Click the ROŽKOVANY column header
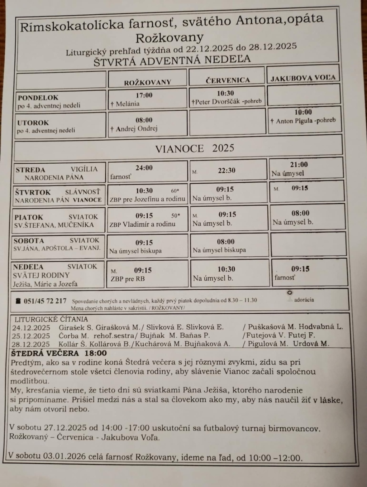coord(148,82)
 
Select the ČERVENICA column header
coord(228,80)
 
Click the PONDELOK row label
coord(38,97)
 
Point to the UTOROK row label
coord(33,122)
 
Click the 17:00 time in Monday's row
coord(144,95)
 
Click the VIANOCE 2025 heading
coord(195,148)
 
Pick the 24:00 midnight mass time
coord(144,168)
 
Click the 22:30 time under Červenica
coord(227,170)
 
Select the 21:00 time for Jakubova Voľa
coord(299,164)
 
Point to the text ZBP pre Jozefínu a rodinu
coord(147,199)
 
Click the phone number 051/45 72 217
coord(45,301)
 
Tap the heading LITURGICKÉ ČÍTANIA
coord(51,319)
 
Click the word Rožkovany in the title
coord(170,38)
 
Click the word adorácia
coord(304,300)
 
